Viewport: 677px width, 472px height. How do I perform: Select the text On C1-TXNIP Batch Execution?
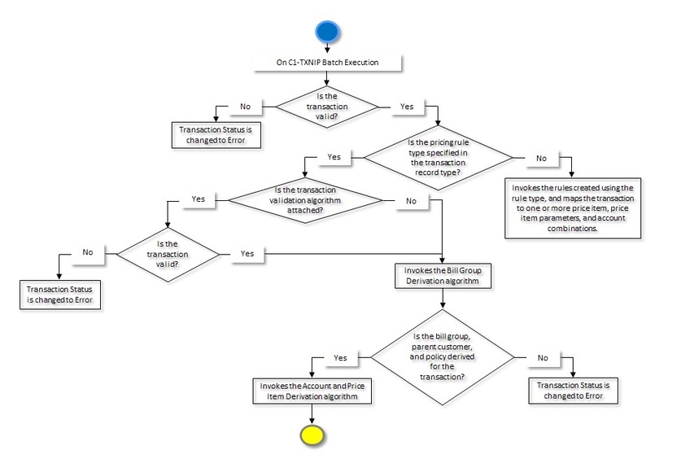click(326, 62)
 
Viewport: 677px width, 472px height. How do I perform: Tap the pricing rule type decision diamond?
click(439, 157)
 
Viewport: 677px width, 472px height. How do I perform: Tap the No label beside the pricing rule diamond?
click(541, 158)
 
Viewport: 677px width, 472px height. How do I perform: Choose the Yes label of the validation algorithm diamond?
click(198, 198)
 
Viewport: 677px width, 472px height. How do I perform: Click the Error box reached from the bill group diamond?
click(572, 391)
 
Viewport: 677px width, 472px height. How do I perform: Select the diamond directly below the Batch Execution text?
click(326, 107)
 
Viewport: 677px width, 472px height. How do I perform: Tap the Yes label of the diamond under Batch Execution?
click(407, 107)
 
